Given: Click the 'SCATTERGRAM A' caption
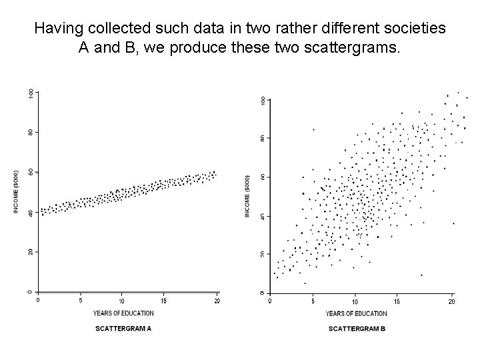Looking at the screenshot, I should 123,329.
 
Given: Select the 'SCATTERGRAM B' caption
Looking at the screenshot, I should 357,329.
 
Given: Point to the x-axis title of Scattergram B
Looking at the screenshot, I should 356,313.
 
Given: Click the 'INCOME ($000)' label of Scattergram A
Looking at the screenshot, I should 16,191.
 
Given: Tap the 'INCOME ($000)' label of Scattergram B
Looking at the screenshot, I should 248,196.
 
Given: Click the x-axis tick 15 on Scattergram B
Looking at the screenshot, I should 397,302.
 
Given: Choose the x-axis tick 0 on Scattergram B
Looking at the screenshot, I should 270,302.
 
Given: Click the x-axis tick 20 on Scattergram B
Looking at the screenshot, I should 451,302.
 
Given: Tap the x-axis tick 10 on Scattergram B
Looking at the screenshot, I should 355,302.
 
